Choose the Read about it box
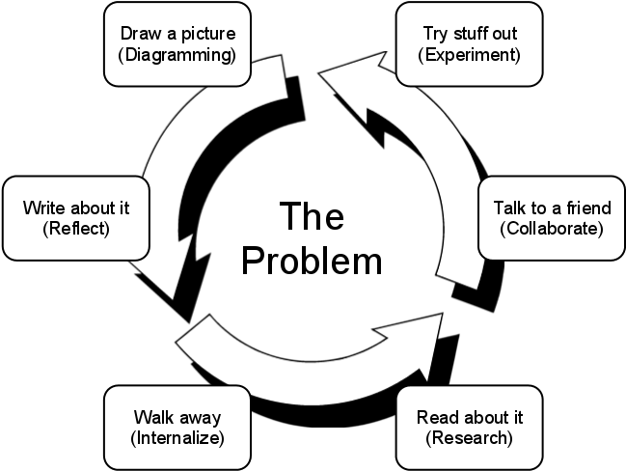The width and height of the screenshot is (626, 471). pos(469,428)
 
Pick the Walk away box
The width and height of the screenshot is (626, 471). pos(177,428)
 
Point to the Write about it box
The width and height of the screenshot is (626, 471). pos(76,218)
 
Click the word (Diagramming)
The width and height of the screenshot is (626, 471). pos(177,55)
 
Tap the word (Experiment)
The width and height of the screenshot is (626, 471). pos(469,55)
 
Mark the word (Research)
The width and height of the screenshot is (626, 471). pos(469,438)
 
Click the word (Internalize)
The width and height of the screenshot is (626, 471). pos(177,438)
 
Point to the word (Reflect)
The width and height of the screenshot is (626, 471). pos(76,229)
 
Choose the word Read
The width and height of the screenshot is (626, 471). pos(435,418)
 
